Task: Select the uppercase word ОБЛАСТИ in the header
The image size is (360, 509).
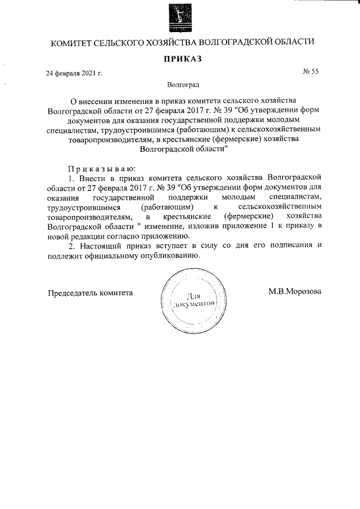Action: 296,43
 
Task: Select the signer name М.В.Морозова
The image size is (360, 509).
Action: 295,292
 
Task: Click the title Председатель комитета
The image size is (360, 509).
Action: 90,292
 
